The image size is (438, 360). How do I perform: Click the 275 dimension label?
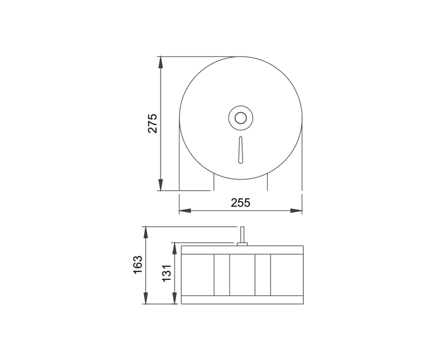153,123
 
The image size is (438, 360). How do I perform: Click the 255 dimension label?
240,202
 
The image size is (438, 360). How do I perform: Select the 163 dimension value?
138,265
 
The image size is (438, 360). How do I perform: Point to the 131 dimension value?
167,273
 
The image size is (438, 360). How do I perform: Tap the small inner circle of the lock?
240,118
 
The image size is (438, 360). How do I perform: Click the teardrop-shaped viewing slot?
240,150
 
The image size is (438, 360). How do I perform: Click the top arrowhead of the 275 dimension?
160,62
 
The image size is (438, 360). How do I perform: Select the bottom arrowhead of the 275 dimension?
160,185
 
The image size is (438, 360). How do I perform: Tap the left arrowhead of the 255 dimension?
185,211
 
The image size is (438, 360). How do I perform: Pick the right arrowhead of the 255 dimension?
296,211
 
